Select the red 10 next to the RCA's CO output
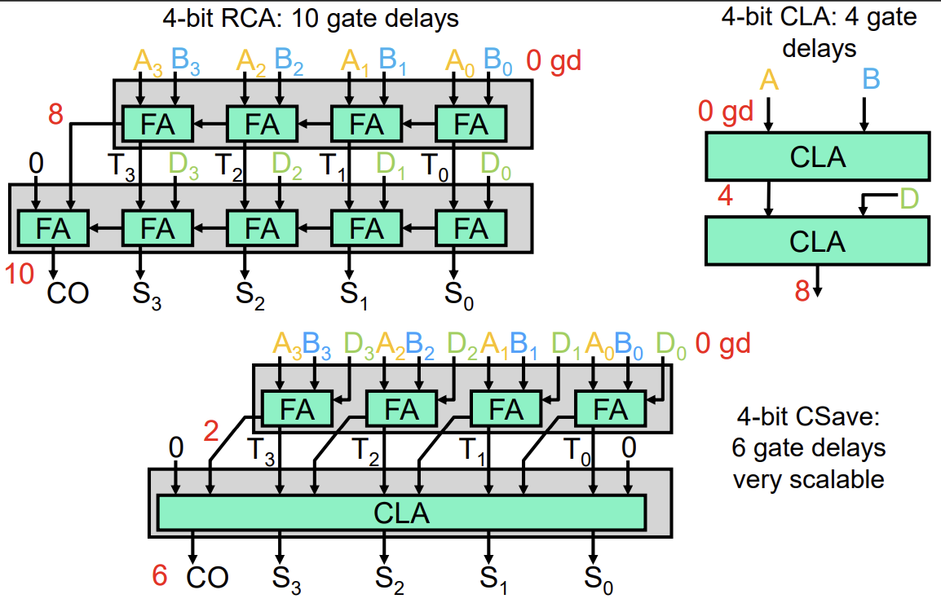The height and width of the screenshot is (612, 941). pos(20,275)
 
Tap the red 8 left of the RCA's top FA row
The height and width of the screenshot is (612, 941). pos(55,115)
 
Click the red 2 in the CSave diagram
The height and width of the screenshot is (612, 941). pos(211,430)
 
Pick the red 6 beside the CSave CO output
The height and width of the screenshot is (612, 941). pos(160,575)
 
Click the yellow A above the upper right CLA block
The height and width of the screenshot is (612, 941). pos(767,79)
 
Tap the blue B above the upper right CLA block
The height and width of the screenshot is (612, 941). pos(870,79)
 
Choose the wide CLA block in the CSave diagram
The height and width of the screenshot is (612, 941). pos(401,513)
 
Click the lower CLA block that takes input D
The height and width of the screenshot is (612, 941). pos(817,242)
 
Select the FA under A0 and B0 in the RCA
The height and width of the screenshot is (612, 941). pos(470,125)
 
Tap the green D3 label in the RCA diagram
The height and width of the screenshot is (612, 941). pos(184,165)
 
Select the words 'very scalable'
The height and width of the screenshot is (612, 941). pos(808,479)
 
